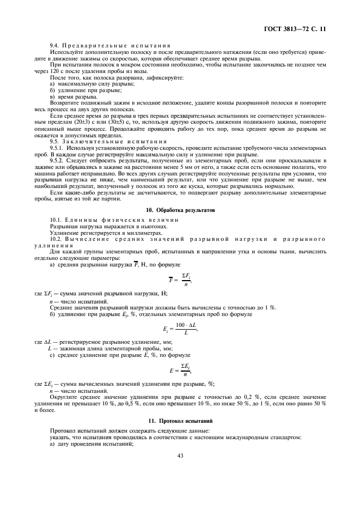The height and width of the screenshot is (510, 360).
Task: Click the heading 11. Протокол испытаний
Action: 180,421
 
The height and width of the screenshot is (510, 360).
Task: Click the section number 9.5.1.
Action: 58,148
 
